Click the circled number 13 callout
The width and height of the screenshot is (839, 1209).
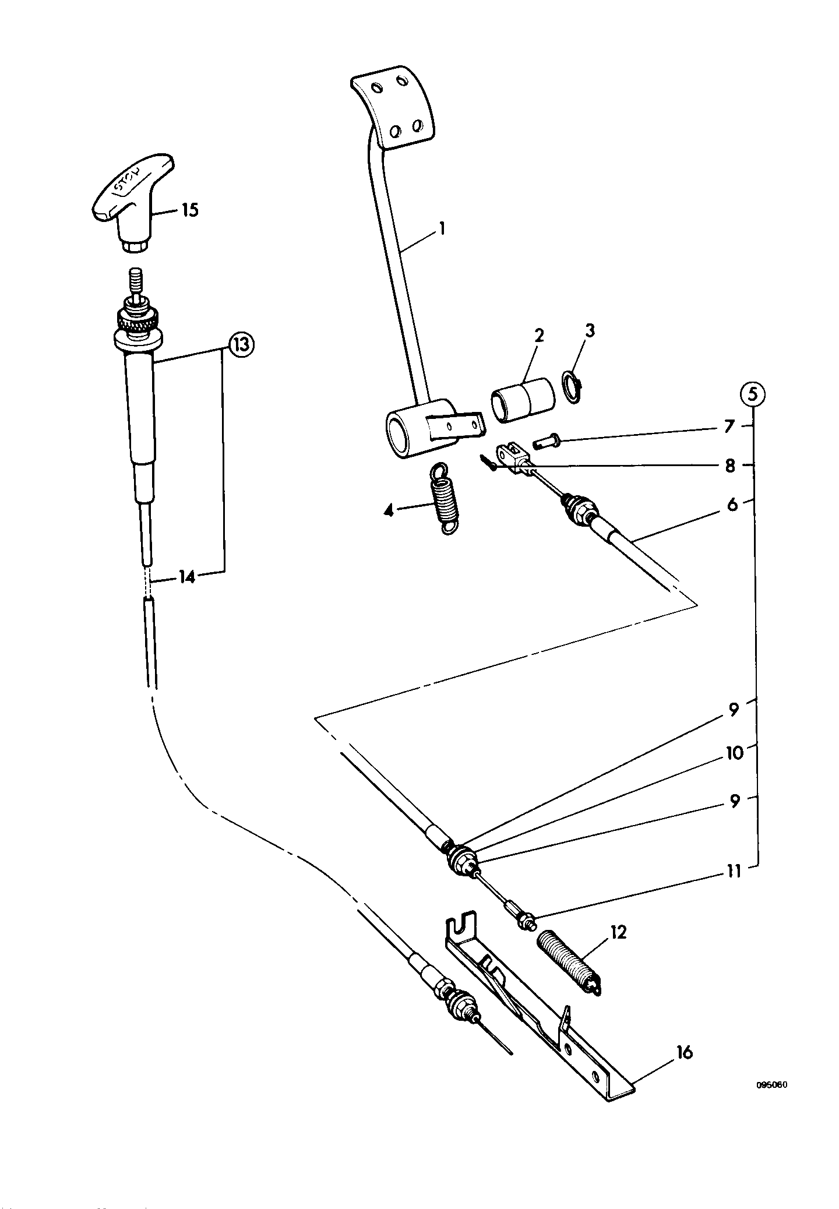pos(240,345)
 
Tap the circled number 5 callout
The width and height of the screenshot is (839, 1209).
pos(753,395)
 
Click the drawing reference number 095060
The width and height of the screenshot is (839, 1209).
pos(772,1085)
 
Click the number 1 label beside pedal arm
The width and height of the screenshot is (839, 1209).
pos(442,228)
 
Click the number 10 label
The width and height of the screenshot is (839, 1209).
pos(735,753)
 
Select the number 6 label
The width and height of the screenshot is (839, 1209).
pos(732,503)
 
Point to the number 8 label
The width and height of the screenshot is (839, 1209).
pos(730,466)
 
